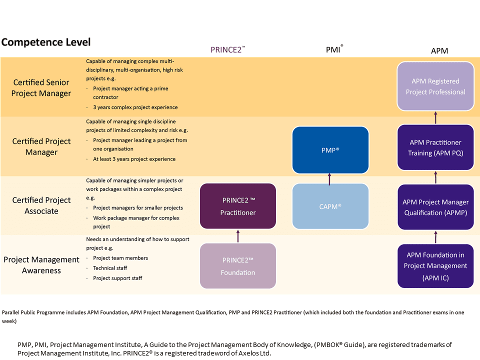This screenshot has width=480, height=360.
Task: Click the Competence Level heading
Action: tap(46, 42)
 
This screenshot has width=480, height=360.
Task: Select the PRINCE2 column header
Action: tap(228, 49)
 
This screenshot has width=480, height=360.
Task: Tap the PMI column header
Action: tap(334, 49)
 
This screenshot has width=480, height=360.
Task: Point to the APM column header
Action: tap(439, 51)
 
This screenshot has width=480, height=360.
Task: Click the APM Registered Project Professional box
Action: tap(435, 86)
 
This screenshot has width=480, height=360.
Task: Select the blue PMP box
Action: tap(330, 150)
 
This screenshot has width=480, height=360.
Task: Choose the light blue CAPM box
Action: tap(330, 206)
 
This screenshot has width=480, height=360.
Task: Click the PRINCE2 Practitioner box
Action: tap(238, 206)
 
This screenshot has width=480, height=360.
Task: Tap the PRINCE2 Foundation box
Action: tap(238, 265)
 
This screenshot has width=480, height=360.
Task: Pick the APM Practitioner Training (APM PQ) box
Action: tap(435, 147)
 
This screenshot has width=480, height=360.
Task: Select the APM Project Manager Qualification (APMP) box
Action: tap(435, 207)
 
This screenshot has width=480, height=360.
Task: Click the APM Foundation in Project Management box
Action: tap(435, 266)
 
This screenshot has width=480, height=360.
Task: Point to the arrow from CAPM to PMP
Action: tap(329, 179)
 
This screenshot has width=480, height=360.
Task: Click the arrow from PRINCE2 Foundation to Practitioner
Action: tap(238, 236)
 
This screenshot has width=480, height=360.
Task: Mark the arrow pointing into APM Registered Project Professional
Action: tap(435, 117)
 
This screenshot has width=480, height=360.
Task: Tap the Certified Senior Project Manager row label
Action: tap(41, 88)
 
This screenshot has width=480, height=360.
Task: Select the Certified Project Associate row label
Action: tap(41, 205)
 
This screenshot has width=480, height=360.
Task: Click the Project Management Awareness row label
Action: tap(41, 265)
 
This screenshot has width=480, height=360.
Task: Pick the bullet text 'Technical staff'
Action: tap(110, 268)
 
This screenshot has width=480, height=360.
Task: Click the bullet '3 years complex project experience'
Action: tap(135, 107)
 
